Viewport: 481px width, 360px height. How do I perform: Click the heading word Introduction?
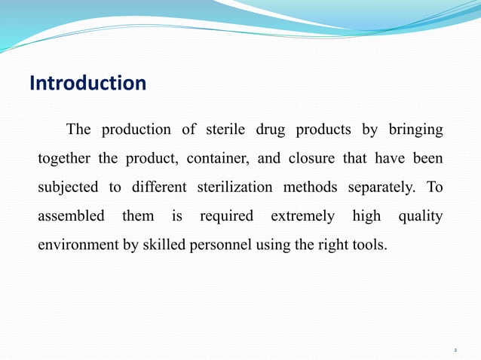[x=87, y=83]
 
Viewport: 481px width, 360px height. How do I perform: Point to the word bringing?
[x=415, y=130]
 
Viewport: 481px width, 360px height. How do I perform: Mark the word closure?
[x=311, y=159]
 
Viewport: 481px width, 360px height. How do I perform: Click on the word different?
[x=158, y=188]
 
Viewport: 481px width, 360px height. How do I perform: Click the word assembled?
[x=71, y=216]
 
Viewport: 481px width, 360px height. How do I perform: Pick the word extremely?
[x=302, y=216]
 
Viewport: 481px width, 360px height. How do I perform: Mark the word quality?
[x=421, y=216]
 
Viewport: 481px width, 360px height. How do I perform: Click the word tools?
[x=369, y=245]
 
